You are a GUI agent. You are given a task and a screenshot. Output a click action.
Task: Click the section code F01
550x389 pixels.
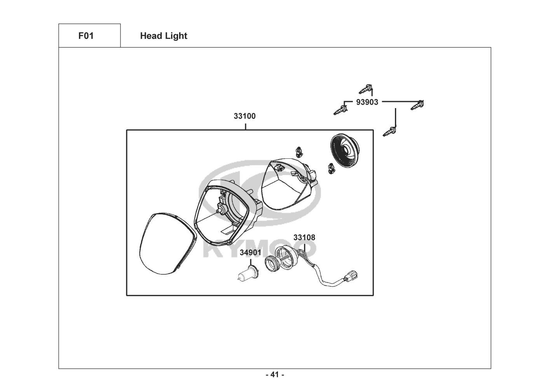86,36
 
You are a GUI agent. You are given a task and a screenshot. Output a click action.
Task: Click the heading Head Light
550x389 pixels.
164,36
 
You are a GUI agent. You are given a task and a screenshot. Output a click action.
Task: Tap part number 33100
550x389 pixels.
245,116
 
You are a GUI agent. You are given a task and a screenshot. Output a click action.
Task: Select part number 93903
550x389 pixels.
367,102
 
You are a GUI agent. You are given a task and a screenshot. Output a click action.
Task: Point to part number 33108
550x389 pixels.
304,237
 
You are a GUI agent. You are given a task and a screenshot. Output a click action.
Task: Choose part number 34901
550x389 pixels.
250,252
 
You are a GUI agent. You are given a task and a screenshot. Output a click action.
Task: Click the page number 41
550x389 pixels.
275,375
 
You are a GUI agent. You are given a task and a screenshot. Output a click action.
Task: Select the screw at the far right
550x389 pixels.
417,105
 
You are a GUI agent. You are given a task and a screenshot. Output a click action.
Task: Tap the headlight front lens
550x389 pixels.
166,244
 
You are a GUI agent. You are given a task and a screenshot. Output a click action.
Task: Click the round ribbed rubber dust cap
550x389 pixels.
345,150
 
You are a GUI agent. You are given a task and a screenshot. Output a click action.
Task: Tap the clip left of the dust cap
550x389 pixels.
331,168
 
